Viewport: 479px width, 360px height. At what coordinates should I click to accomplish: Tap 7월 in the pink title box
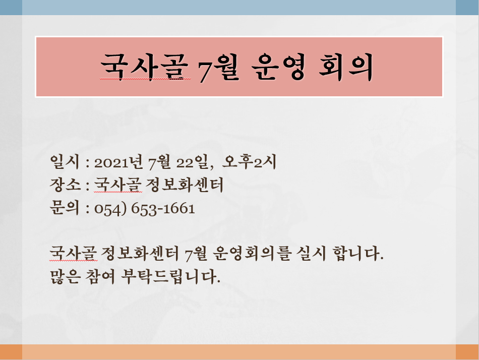click(x=218, y=67)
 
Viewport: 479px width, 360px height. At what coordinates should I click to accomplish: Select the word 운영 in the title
click(x=278, y=67)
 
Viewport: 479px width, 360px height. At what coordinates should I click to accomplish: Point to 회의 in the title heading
click(x=345, y=67)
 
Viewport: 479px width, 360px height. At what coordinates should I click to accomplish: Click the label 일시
click(x=65, y=162)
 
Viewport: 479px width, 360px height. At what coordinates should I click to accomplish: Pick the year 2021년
click(x=118, y=162)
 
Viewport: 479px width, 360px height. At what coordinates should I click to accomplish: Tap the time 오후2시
click(x=249, y=162)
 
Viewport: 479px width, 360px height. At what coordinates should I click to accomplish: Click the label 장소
click(x=65, y=185)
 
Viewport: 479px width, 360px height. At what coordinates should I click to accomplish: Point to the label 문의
click(x=65, y=208)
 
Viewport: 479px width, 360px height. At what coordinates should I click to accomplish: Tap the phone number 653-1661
click(x=163, y=208)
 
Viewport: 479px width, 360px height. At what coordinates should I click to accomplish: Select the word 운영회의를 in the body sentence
click(x=251, y=254)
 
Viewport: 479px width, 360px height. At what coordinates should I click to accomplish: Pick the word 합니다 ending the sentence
click(x=357, y=254)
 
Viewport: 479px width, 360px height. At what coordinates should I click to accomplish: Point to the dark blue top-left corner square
click(x=11, y=8)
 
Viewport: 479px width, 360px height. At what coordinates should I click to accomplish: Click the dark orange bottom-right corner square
click(x=467, y=352)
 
